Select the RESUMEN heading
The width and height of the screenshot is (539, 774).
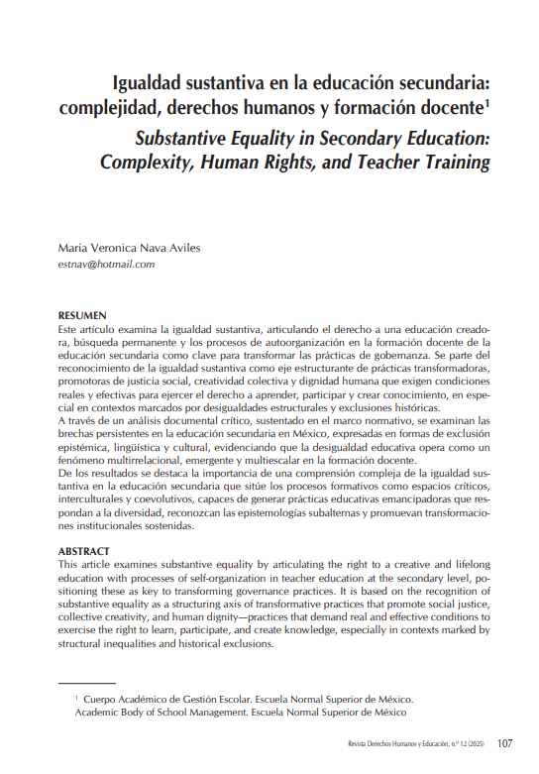coord(82,314)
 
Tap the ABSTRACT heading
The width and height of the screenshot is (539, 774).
coord(85,550)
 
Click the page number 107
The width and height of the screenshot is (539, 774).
coord(504,743)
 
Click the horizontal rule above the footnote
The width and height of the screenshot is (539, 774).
coord(87,684)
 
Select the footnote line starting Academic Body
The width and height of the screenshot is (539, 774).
coord(240,712)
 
